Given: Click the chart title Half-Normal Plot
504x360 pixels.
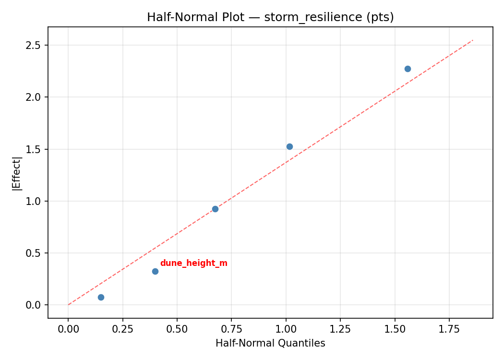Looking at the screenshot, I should (270, 17).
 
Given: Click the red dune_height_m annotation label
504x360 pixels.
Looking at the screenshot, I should (193, 263).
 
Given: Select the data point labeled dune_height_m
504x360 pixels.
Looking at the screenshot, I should (155, 271).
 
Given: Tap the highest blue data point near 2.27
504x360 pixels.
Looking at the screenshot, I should (408, 69).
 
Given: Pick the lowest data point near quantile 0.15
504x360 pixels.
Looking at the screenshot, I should (101, 297).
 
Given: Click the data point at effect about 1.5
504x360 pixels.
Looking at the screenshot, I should (289, 146).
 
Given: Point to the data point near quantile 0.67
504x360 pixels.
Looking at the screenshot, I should (215, 209).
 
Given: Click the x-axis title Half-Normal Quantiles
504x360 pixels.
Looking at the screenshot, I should (270, 343).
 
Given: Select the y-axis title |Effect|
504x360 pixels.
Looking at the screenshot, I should (17, 173).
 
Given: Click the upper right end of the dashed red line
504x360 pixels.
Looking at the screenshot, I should (473, 40).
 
